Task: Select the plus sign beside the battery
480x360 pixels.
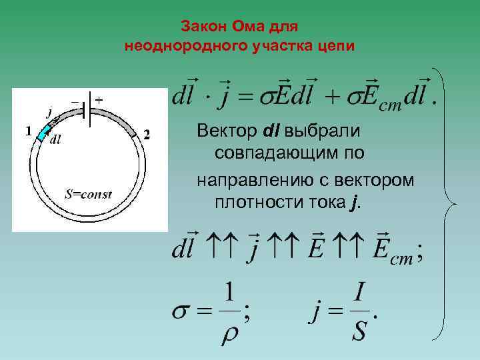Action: (99, 99)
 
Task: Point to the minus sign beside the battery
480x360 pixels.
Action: (75, 102)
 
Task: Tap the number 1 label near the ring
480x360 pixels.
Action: (28, 131)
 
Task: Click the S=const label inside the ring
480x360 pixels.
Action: (88, 195)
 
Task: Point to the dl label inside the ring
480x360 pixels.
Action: (56, 139)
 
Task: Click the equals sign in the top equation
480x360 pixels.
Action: (246, 99)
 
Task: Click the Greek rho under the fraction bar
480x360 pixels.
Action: (229, 333)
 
